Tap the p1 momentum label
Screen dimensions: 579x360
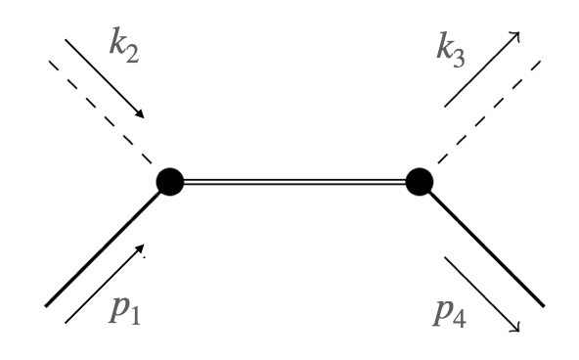pyautogui.click(x=121, y=314)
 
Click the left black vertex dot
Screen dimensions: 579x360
pyautogui.click(x=170, y=182)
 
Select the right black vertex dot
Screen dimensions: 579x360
pyautogui.click(x=419, y=182)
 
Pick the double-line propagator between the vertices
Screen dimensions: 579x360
pyautogui.click(x=294, y=182)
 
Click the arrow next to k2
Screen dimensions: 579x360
pyautogui.click(x=104, y=78)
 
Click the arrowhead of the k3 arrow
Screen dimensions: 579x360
pyautogui.click(x=515, y=36)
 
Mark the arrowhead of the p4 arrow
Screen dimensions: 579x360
pyautogui.click(x=516, y=328)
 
